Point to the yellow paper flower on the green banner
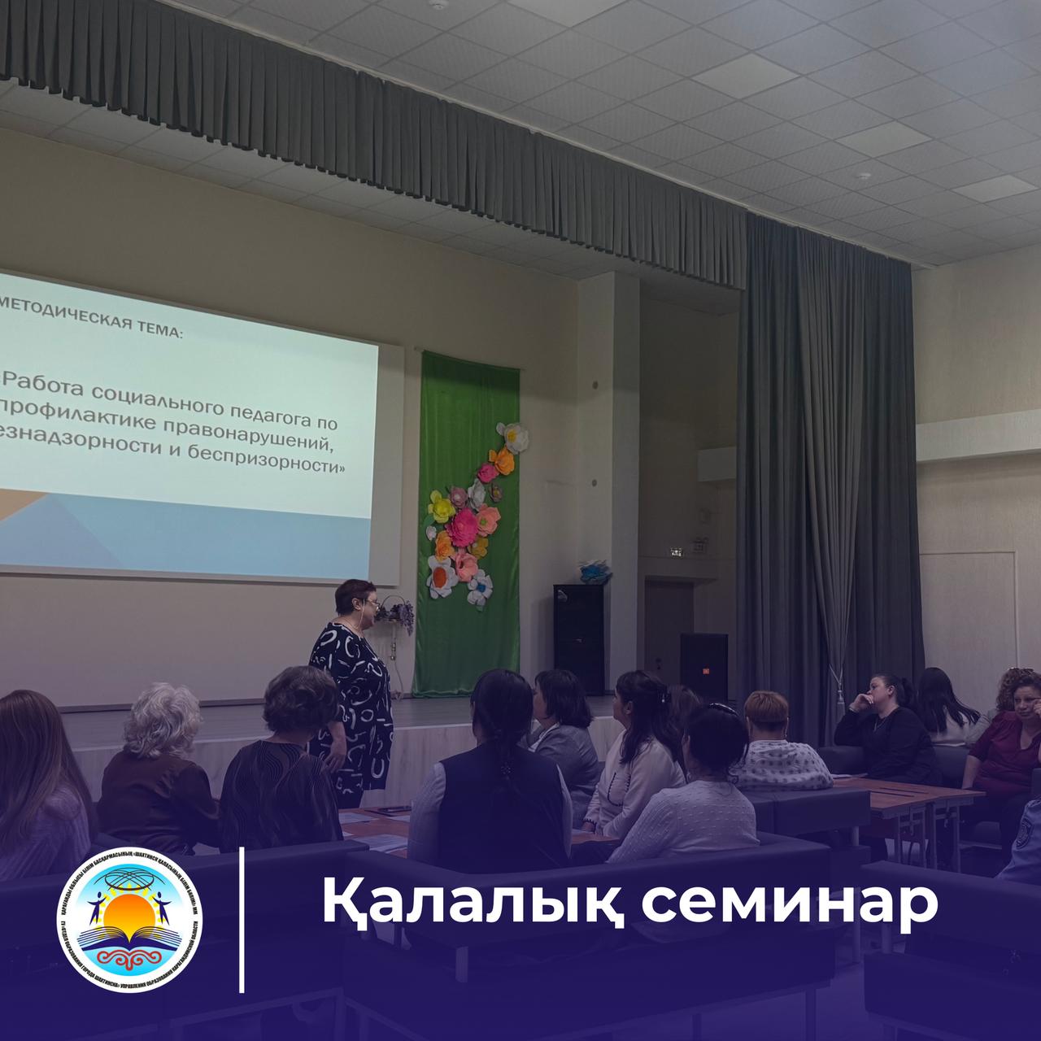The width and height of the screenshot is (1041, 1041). [442, 507]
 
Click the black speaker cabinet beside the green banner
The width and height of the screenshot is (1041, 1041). [578, 638]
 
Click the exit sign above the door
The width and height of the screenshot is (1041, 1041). [673, 552]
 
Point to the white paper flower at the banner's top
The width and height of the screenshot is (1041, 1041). [513, 436]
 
